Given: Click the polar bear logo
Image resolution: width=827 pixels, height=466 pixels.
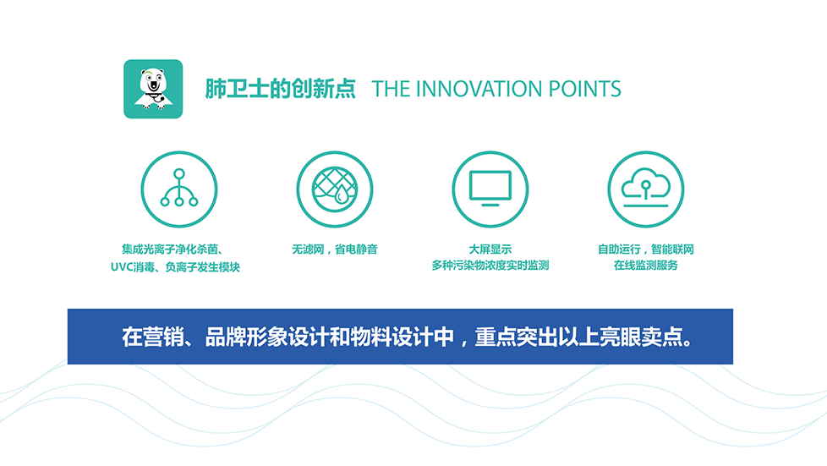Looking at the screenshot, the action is [x=153, y=89].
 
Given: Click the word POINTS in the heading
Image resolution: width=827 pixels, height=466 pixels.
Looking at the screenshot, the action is [x=585, y=89].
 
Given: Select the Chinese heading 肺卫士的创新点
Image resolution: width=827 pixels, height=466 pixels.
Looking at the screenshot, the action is [x=280, y=89].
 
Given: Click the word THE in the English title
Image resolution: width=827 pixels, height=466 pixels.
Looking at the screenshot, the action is [x=391, y=89].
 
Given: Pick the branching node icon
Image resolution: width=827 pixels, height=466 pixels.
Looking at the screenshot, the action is [x=178, y=189].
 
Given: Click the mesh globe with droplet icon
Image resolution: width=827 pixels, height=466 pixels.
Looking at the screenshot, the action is [x=334, y=189].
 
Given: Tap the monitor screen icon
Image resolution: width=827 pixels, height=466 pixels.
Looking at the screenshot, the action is [x=490, y=189].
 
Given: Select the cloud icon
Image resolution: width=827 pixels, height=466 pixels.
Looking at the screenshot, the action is [x=645, y=189].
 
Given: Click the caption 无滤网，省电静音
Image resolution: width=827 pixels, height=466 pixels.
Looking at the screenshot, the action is [x=334, y=249].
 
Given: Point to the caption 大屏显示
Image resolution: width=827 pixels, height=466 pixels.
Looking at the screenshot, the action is [x=490, y=249].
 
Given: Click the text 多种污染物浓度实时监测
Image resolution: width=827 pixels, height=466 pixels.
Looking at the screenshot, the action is [x=490, y=266].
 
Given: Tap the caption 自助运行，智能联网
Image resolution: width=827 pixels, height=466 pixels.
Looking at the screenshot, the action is [x=645, y=249].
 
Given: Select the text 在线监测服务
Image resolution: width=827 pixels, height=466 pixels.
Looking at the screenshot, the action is [x=645, y=266].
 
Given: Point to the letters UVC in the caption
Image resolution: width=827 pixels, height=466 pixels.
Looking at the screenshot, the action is [x=121, y=267].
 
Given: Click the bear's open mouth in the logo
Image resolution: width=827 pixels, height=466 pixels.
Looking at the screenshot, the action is [x=154, y=85].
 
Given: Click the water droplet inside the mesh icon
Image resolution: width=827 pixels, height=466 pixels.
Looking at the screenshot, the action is [x=342, y=195].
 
